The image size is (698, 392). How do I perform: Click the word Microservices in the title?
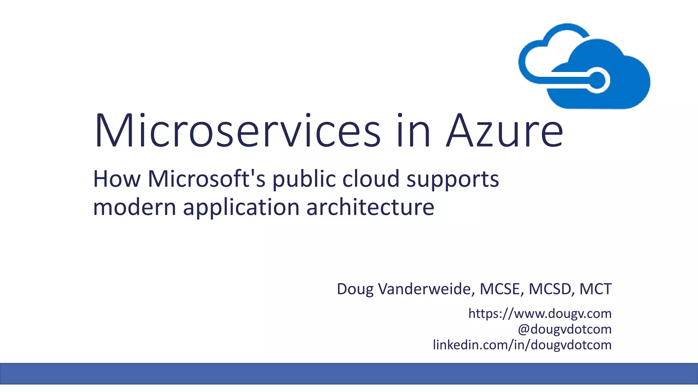tap(237, 131)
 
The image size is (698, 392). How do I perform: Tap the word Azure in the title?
tap(505, 131)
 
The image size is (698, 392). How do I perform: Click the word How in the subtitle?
tap(117, 179)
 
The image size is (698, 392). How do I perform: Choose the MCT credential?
tap(595, 289)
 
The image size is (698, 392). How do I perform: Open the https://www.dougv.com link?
tap(540, 313)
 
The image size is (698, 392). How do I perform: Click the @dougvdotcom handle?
tap(564, 329)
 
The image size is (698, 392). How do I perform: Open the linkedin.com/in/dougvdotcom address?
tap(522, 345)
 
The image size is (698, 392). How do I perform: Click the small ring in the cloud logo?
tap(597, 81)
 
